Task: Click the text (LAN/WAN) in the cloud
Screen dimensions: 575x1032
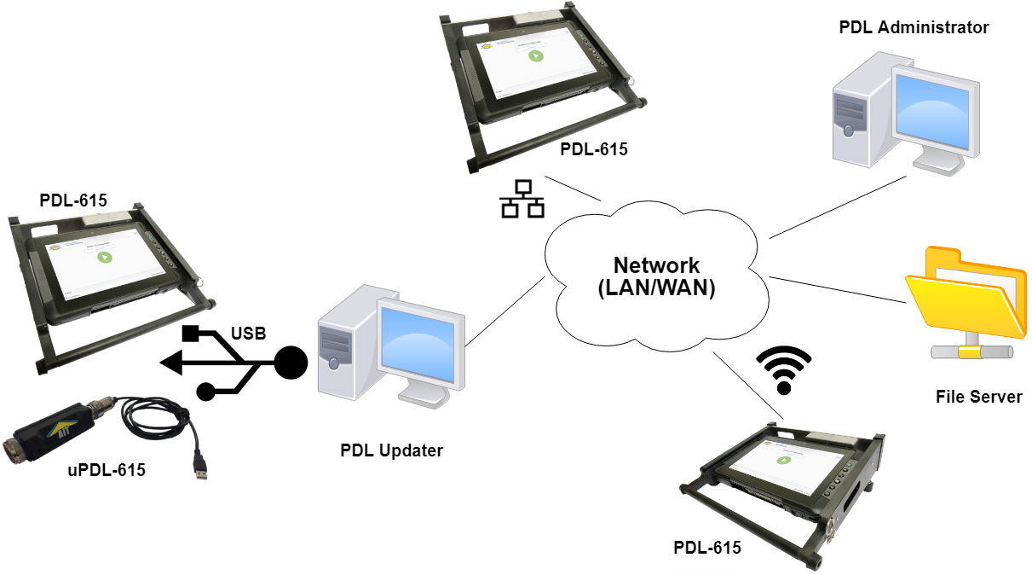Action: click(657, 287)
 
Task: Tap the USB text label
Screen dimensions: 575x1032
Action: click(248, 333)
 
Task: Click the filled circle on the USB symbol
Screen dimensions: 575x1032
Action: click(291, 363)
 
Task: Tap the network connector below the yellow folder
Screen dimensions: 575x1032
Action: click(971, 351)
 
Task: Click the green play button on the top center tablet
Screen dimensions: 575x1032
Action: click(535, 56)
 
